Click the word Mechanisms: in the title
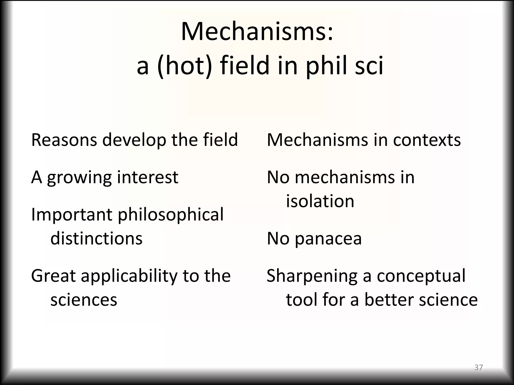(257, 32)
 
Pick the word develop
(134, 140)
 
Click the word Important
(72, 215)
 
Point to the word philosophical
(171, 215)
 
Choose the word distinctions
(96, 238)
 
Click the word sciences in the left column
(84, 300)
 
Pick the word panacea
(328, 239)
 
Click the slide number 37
(479, 367)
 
